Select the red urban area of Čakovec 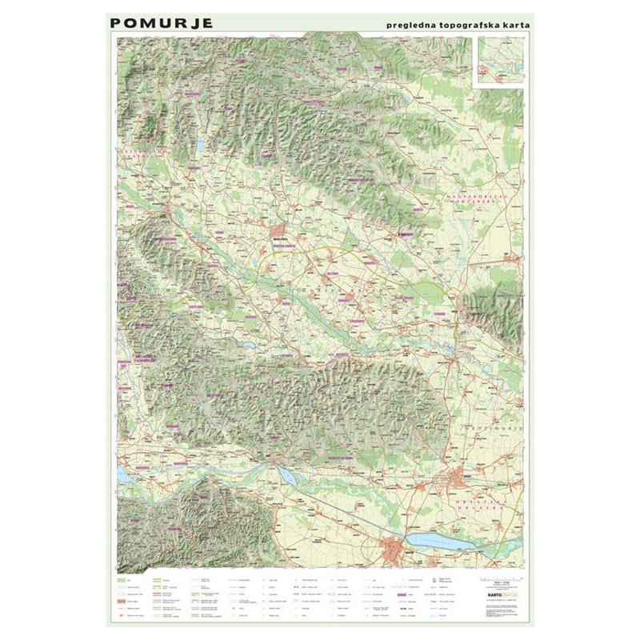tap(459, 479)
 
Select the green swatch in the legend tap(122, 578)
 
